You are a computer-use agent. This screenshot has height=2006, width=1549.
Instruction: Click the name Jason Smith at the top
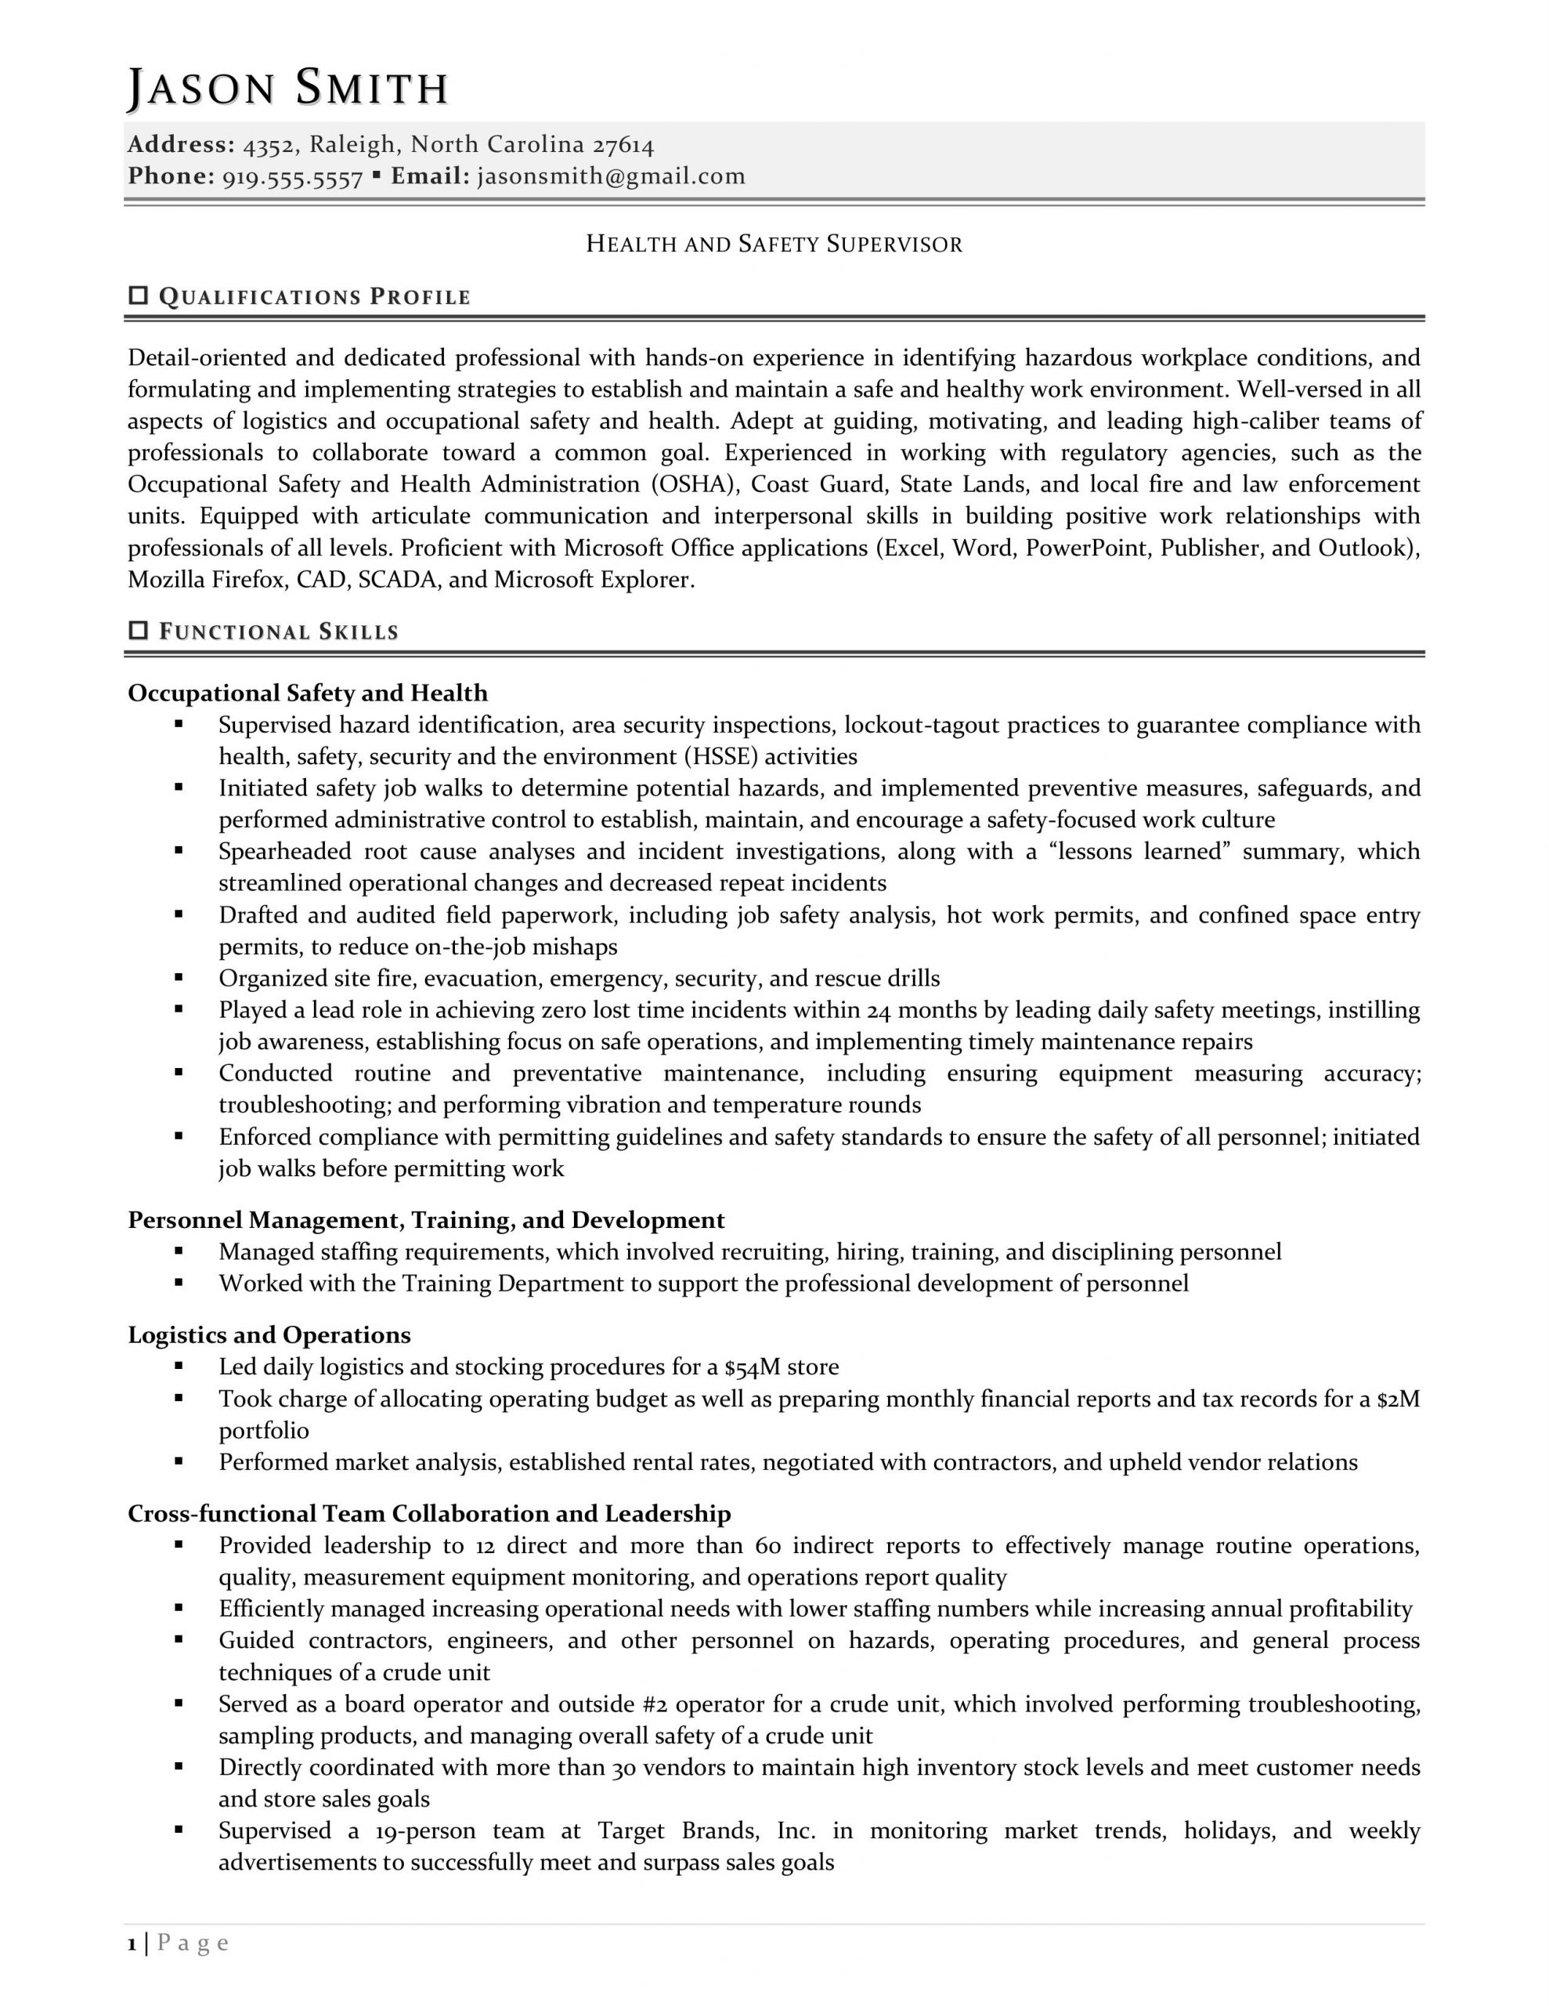(x=287, y=89)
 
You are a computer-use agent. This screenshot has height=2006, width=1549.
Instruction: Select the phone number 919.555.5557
(x=293, y=177)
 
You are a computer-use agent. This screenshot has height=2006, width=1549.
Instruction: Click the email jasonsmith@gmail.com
(x=612, y=176)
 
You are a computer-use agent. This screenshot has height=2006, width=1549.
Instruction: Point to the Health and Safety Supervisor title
(x=774, y=244)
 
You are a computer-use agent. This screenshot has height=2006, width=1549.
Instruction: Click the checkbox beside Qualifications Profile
(x=139, y=295)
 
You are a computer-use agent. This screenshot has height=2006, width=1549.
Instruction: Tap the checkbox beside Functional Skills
(x=139, y=630)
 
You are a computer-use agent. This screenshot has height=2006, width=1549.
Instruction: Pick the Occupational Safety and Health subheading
(x=308, y=693)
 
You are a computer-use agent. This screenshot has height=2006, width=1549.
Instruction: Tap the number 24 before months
(x=879, y=1010)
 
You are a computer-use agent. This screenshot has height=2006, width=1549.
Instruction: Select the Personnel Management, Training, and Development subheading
(x=426, y=1220)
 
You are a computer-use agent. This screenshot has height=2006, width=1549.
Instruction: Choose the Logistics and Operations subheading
(x=269, y=1334)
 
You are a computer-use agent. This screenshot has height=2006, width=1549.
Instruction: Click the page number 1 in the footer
(x=132, y=1943)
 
